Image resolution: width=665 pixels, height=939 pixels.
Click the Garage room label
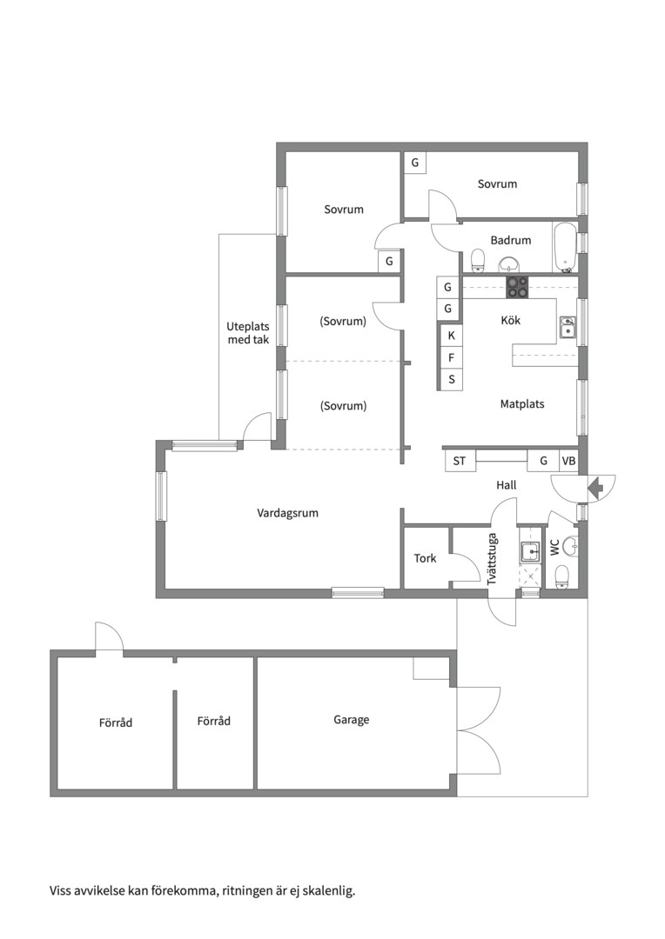[x=352, y=720]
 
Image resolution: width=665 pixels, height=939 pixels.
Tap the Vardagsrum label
[x=288, y=513]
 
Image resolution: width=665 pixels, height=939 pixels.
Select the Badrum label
[x=511, y=240]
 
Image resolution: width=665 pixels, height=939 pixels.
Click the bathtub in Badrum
[x=565, y=247]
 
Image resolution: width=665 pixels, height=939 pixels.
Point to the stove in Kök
[x=518, y=288]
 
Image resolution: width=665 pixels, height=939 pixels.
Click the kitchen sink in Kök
[x=568, y=328]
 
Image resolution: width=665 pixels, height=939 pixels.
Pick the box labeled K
[x=452, y=336]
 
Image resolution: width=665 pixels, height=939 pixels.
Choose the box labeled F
[x=452, y=357]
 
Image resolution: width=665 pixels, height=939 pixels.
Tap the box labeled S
[x=452, y=379]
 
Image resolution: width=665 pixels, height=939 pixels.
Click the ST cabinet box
[x=460, y=461]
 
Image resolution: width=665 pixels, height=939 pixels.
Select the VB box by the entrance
[x=568, y=461]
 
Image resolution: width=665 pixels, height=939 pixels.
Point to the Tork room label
[x=425, y=558]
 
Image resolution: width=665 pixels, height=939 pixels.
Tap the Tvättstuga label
[x=493, y=559]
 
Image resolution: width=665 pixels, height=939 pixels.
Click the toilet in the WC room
[x=562, y=577]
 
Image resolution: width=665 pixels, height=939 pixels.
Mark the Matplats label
[x=522, y=404]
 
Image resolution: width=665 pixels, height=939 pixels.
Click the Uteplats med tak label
[x=248, y=333]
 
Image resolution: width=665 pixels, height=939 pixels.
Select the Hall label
[x=507, y=485]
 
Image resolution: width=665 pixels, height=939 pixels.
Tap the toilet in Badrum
[x=478, y=260]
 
